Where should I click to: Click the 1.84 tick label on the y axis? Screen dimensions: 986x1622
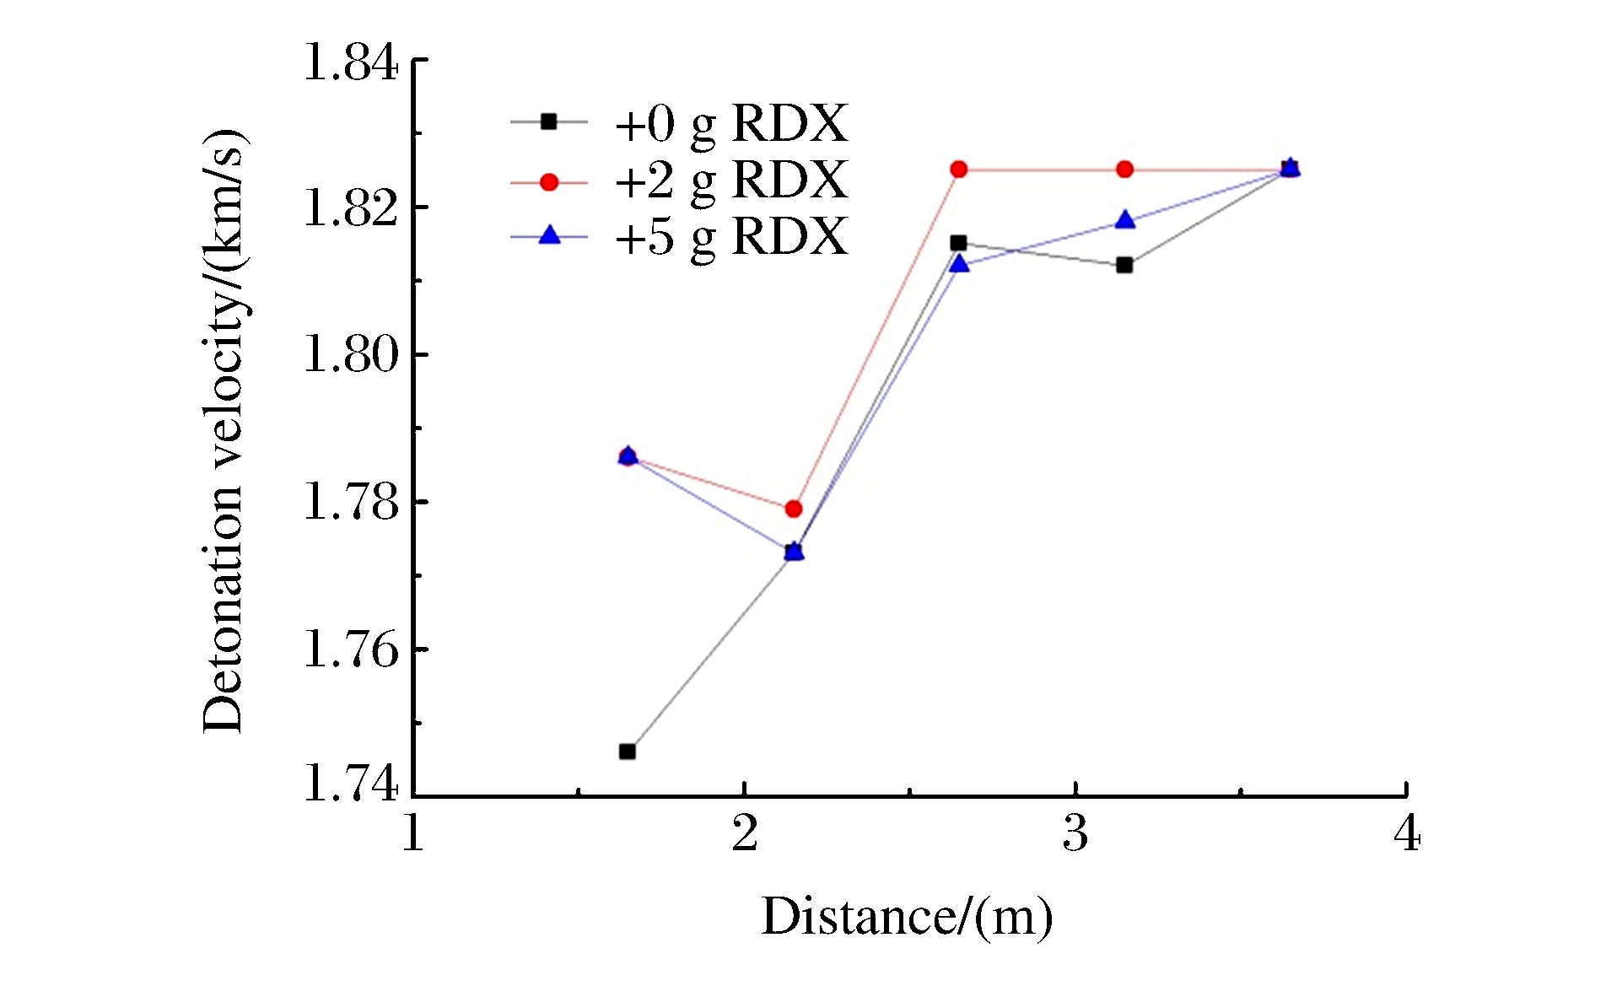tap(350, 63)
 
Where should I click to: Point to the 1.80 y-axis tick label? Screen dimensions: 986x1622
tap(350, 354)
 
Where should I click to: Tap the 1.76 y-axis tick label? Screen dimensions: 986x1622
tap(350, 650)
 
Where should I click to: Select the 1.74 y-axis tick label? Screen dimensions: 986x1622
tap(350, 784)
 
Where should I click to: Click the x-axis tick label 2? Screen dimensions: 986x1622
tap(744, 834)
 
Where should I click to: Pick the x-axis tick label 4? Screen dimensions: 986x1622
tap(1406, 834)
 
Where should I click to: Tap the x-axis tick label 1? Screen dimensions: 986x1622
tap(413, 834)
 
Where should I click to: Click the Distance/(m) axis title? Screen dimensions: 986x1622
tap(908, 917)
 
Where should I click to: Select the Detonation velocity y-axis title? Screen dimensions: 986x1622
tap(224, 432)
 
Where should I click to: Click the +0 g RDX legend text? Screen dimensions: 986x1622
tap(730, 124)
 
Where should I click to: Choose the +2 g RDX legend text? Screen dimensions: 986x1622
tap(730, 180)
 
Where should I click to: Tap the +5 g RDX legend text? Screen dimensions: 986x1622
tap(730, 236)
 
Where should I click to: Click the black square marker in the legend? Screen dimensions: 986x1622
tap(549, 122)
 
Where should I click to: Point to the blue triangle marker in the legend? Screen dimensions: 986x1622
tap(549, 235)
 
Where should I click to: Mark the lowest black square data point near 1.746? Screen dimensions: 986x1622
tap(628, 752)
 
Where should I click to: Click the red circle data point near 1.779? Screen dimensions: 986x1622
tap(794, 509)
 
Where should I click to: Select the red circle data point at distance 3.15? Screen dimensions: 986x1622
tap(1124, 170)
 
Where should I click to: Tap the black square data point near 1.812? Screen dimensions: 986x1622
tap(1124, 265)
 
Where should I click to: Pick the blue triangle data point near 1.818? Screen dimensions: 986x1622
tap(1125, 220)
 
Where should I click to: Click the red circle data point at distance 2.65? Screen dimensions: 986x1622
tap(959, 170)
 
